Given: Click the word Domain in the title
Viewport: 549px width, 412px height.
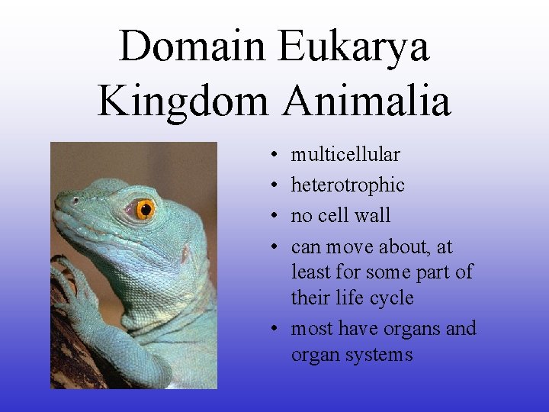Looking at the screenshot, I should pyautogui.click(x=194, y=46).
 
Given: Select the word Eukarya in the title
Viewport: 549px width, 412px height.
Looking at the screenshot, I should pyautogui.click(x=353, y=46).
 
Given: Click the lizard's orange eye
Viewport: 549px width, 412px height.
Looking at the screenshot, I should pyautogui.click(x=145, y=208).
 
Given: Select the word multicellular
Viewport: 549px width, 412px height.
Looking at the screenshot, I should pyautogui.click(x=345, y=155).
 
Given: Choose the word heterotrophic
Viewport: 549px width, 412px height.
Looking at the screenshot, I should pyautogui.click(x=348, y=185).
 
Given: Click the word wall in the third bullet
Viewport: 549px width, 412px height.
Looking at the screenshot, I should pyautogui.click(x=372, y=216).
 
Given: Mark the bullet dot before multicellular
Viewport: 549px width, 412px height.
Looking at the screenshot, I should pyautogui.click(x=273, y=156).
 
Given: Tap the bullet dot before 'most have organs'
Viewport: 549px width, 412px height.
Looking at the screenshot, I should pyautogui.click(x=273, y=330).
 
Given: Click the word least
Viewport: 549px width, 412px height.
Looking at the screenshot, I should pyautogui.click(x=310, y=272).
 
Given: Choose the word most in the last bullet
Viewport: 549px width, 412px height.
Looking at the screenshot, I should pyautogui.click(x=312, y=329).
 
